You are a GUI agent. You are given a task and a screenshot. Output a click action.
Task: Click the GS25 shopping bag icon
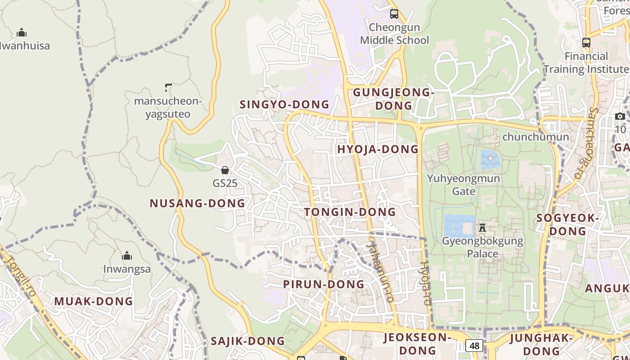225,170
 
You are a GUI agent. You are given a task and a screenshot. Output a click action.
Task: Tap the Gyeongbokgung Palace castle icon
482,227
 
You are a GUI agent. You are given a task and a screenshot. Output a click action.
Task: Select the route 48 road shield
474,346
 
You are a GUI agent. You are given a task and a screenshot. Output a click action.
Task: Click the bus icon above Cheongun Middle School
394,13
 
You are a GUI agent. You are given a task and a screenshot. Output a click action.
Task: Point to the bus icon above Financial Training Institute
586,43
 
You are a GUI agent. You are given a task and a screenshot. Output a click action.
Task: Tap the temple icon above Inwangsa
127,256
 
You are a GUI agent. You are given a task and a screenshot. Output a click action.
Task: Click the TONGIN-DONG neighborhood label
350,212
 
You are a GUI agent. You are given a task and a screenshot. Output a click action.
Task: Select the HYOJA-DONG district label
378,149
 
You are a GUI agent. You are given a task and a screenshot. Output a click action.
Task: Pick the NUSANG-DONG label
198,203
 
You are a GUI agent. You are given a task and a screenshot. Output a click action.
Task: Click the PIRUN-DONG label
324,284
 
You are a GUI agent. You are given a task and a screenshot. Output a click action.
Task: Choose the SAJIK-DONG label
248,341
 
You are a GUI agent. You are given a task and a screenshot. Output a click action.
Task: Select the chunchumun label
535,137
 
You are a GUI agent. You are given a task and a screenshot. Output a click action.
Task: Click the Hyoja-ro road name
425,283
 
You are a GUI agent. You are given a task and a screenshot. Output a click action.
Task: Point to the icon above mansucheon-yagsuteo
168,87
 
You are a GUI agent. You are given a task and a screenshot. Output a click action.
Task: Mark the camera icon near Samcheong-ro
620,117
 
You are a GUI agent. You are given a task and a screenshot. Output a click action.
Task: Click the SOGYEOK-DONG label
568,225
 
